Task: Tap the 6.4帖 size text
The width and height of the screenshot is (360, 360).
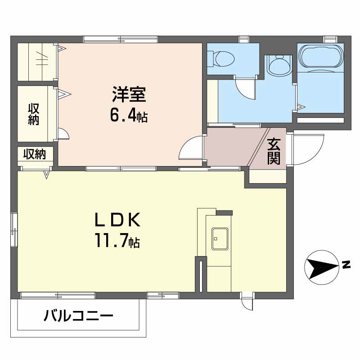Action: pyautogui.click(x=128, y=116)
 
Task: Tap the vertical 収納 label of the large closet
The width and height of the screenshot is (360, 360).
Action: pyautogui.click(x=33, y=114)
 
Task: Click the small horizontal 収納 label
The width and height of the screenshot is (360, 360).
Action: pyautogui.click(x=35, y=154)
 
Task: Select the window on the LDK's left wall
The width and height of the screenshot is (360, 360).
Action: pyautogui.click(x=14, y=229)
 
